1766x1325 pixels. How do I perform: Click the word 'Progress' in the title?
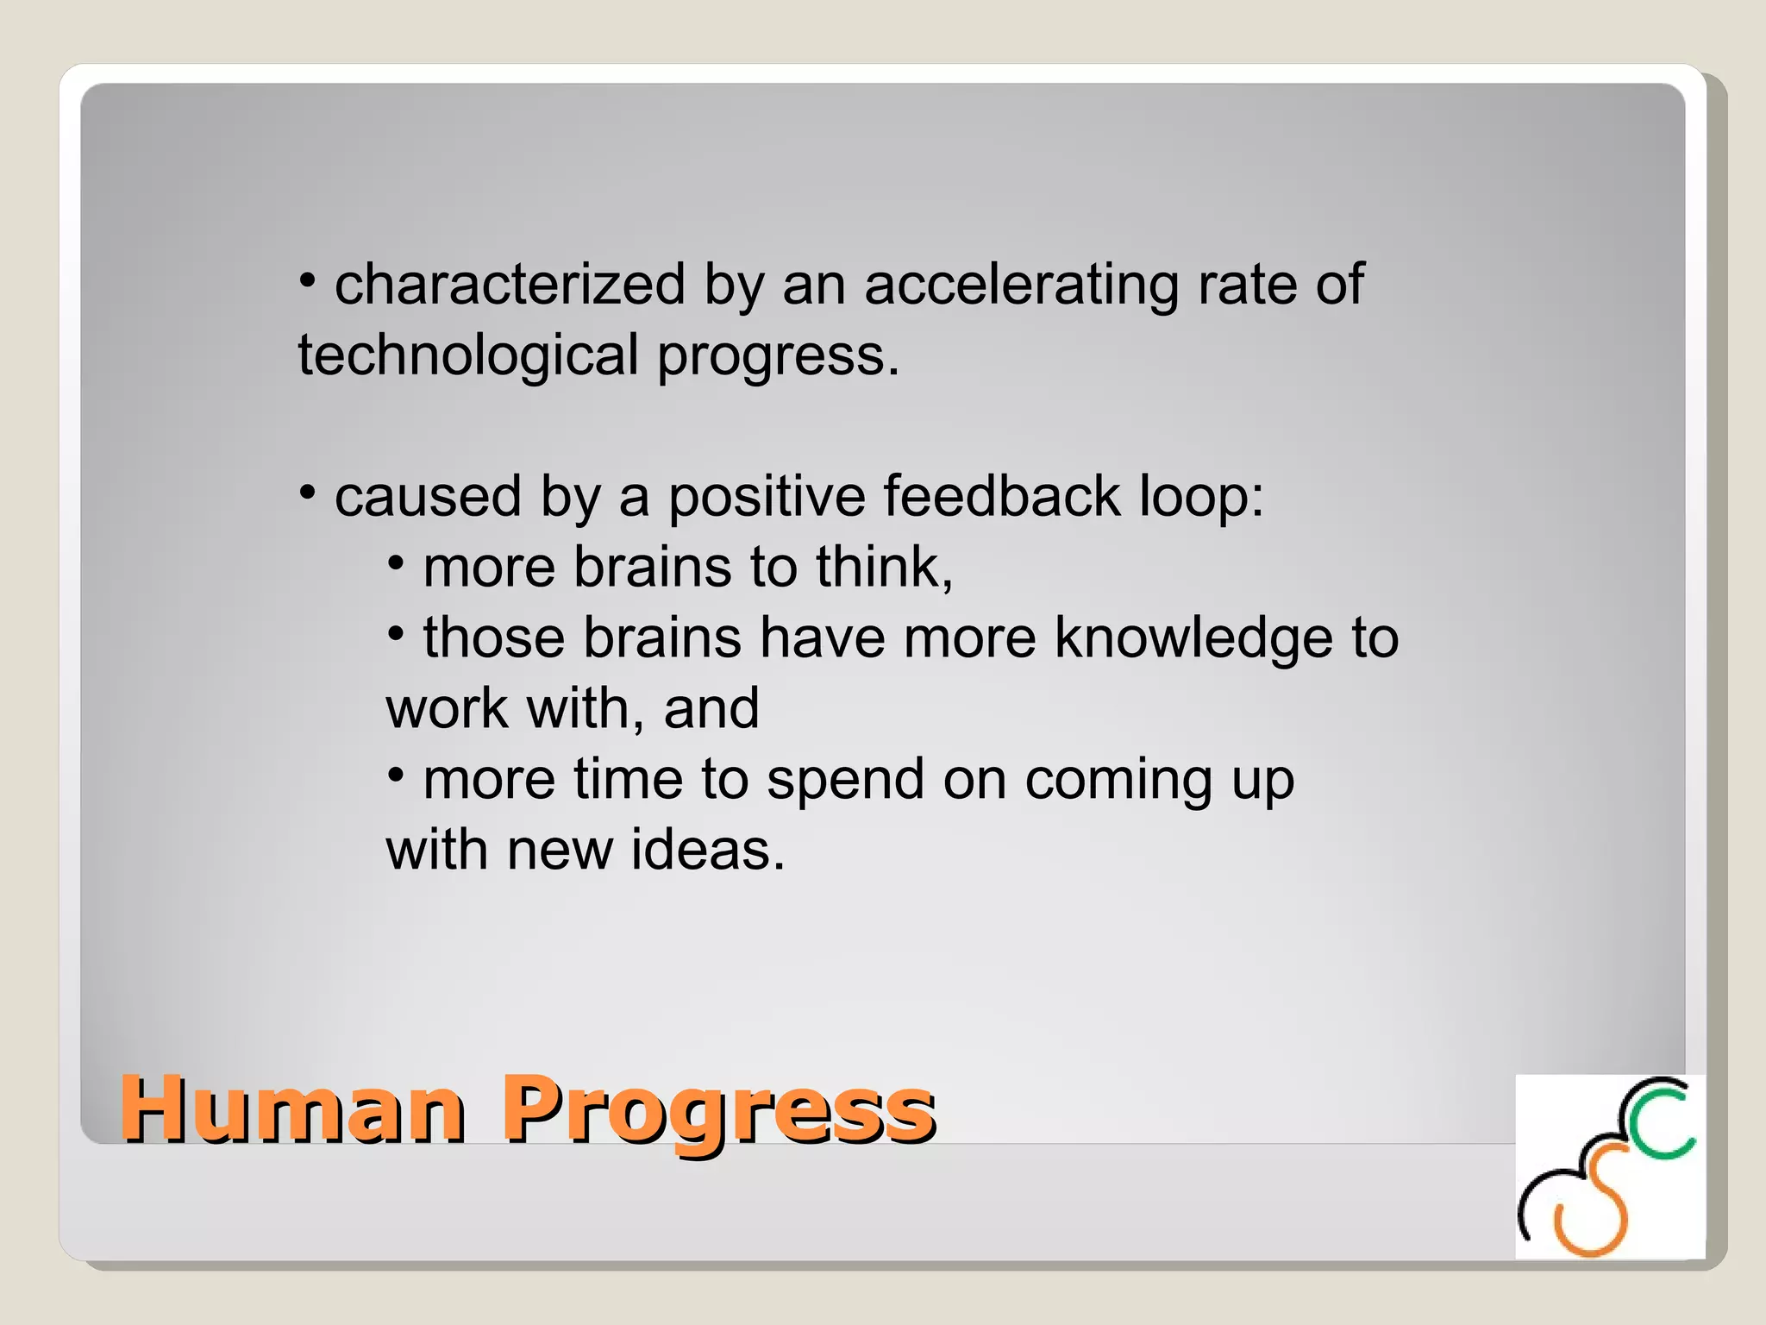(x=718, y=1113)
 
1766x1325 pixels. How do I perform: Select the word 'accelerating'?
(x=1021, y=286)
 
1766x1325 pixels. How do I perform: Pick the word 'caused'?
(x=428, y=497)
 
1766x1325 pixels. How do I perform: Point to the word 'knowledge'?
(x=1193, y=639)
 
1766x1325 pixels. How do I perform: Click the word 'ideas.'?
(x=708, y=850)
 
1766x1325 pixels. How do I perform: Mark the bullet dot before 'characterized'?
(x=307, y=279)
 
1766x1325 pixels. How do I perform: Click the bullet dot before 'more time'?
(x=396, y=775)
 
